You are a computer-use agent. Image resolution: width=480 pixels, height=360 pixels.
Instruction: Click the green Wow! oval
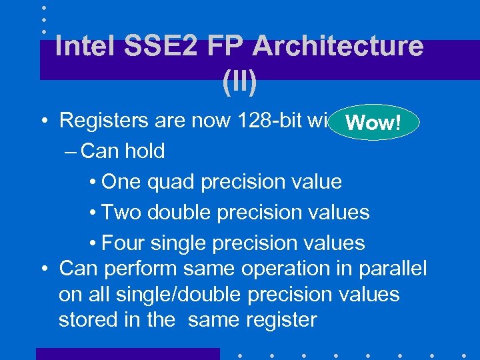(374, 122)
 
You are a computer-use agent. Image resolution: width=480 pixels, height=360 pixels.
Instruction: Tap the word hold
(145, 151)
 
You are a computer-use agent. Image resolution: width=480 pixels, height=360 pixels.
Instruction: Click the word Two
(121, 213)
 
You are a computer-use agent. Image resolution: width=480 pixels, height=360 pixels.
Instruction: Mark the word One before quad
(123, 182)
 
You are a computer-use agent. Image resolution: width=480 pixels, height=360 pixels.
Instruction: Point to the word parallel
(392, 269)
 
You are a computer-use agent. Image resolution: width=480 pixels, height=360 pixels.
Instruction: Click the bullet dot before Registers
(43, 121)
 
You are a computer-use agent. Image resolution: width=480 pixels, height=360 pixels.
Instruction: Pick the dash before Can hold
(73, 151)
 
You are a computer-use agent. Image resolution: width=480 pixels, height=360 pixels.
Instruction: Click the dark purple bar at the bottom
(127, 354)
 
